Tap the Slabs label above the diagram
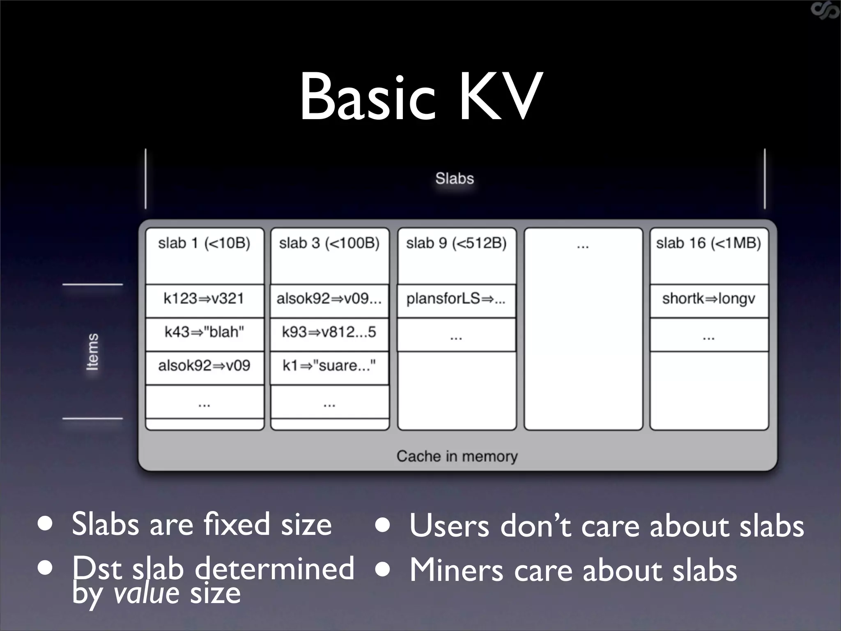pos(454,178)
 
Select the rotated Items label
pos(93,352)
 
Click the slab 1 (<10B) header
pos(204,243)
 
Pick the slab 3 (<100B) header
pos(329,243)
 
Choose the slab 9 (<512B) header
pos(456,243)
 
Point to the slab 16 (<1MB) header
pos(708,243)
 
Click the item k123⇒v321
pos(204,299)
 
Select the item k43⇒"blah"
pos(204,332)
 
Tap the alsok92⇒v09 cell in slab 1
pos(204,365)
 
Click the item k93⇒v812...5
pos(329,332)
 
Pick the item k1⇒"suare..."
pos(329,365)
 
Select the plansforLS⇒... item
pos(456,299)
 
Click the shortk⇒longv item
pos(708,299)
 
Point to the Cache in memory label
pos(457,456)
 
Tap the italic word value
pos(146,593)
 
